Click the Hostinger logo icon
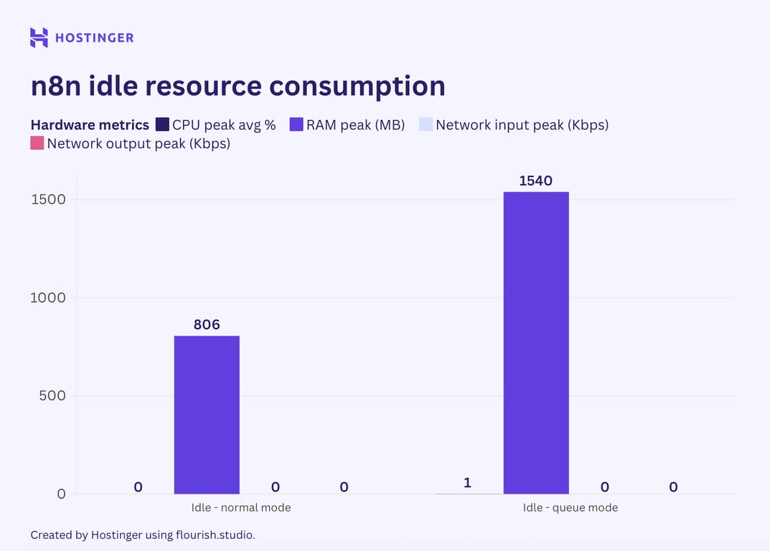39,37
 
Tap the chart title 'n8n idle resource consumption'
238,85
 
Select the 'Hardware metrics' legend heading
90,125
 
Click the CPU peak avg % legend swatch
162,125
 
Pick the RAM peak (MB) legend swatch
296,125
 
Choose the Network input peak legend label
522,125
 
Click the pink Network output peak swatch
37,143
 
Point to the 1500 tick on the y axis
48,199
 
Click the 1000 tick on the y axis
48,298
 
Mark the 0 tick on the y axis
61,494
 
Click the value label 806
207,324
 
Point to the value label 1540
536,181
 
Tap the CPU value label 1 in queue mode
467,483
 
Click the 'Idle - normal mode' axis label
241,507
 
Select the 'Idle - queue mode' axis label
571,507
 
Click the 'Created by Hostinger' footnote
143,534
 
